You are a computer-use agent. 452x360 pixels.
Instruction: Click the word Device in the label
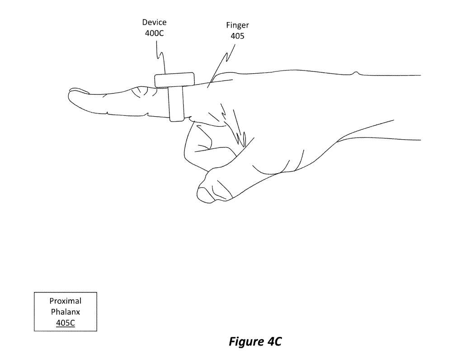[154, 22]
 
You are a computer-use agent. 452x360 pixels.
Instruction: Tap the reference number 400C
[154, 33]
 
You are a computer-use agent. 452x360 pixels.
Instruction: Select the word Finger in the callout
[237, 26]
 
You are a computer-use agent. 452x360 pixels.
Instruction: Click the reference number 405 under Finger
[237, 36]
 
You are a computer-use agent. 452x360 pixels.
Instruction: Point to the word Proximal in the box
[66, 301]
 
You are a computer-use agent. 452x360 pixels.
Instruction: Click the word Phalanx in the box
[66, 312]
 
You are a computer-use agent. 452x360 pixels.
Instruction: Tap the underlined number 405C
[66, 322]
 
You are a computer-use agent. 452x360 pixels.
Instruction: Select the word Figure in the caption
[245, 342]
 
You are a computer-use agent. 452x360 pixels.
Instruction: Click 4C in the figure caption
[272, 342]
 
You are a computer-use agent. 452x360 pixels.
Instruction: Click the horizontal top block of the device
[174, 80]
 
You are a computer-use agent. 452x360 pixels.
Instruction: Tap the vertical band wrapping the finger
[176, 104]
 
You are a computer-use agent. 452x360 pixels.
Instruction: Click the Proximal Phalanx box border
[34, 312]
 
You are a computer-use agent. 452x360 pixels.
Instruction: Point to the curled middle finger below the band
[197, 140]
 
